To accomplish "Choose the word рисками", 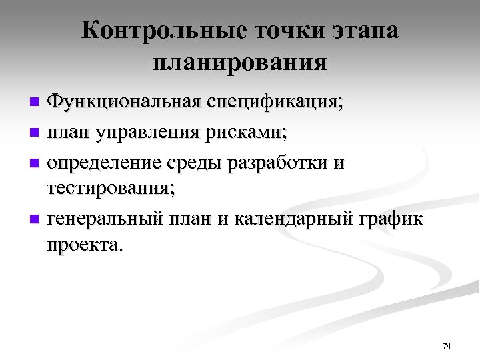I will (249, 133).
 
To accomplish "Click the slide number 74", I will (446, 345).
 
